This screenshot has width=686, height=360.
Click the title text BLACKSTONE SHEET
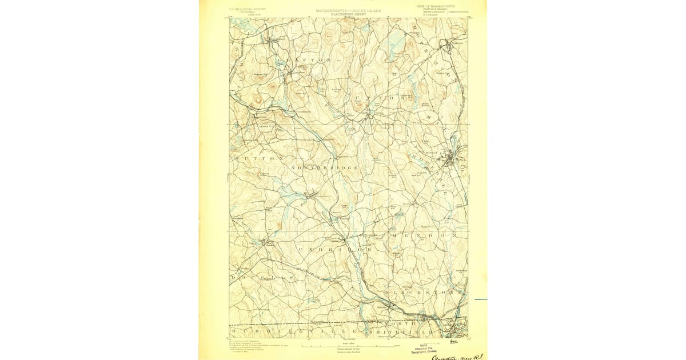click(348, 14)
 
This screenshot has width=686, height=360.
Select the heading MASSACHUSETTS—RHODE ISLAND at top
click(348, 10)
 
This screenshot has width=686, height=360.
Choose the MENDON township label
click(424, 235)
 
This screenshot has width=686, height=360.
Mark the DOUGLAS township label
click(258, 277)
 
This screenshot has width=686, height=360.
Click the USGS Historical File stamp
click(424, 348)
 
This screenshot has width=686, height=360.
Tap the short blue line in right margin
click(480, 299)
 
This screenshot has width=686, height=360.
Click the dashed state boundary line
click(343, 326)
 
